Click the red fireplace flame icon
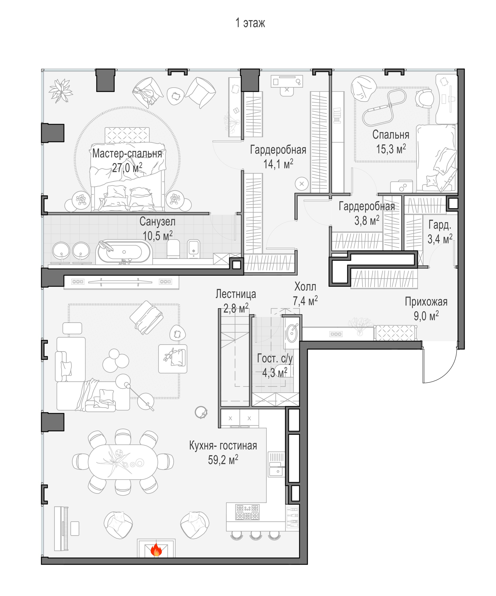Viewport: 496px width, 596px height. click(156, 550)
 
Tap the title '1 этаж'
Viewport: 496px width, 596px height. click(250, 23)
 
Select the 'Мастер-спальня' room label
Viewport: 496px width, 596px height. click(127, 154)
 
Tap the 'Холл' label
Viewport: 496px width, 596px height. click(305, 287)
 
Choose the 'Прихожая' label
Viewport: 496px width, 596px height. click(426, 302)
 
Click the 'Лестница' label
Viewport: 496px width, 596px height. click(235, 294)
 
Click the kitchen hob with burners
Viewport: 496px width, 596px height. click(247, 512)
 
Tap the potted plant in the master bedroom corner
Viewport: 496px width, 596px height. click(61, 91)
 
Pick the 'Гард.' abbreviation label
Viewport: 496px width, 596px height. click(440, 225)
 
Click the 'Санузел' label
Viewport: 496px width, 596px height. click(157, 222)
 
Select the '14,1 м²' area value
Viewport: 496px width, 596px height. click(278, 164)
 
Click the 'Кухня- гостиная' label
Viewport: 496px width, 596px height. click(223, 446)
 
